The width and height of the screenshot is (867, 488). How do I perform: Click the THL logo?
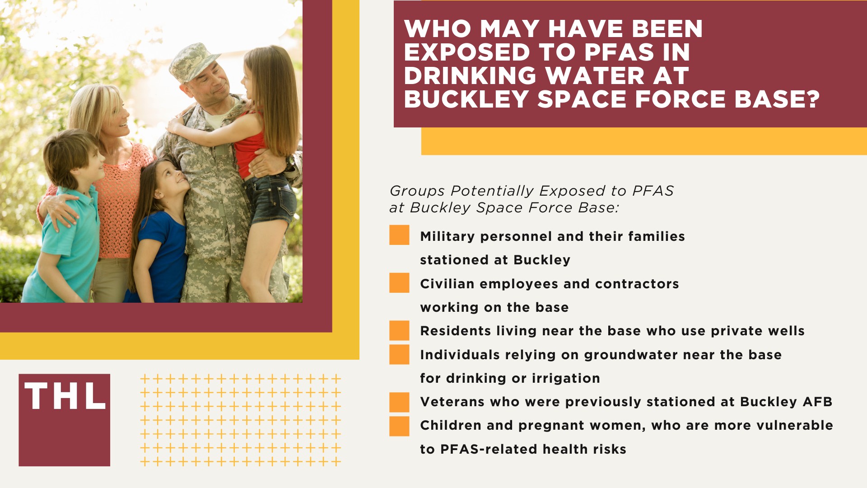65,420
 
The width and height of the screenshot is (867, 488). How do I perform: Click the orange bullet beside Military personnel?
399,235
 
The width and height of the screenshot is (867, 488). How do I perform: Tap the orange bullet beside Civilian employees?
399,283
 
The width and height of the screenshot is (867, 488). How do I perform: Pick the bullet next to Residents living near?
399,330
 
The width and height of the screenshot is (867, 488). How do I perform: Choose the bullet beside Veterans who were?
399,402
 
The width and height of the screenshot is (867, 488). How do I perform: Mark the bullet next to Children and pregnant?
399,426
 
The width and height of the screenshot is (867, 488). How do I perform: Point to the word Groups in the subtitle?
417,191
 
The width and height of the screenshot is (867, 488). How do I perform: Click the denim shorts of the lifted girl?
271,199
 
